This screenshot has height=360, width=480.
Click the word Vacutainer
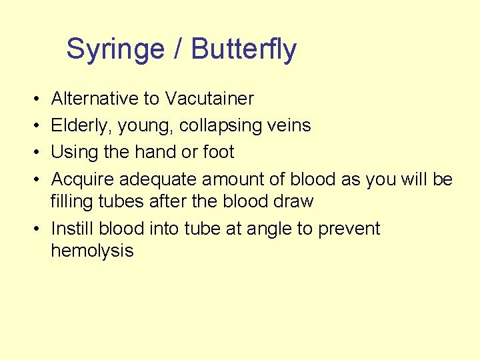(209, 99)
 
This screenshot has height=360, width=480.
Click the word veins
(292, 125)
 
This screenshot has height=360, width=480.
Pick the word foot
(219, 152)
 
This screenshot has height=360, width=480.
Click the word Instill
(72, 229)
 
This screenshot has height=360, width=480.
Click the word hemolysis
(92, 251)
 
